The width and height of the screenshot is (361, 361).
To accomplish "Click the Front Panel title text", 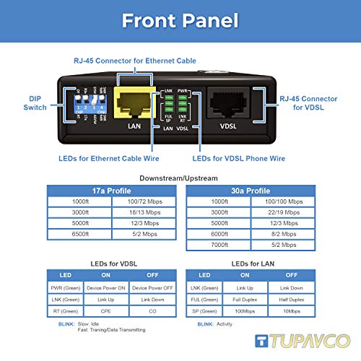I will (x=180, y=20).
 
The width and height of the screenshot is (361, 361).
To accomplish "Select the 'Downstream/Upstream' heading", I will (x=180, y=178).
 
